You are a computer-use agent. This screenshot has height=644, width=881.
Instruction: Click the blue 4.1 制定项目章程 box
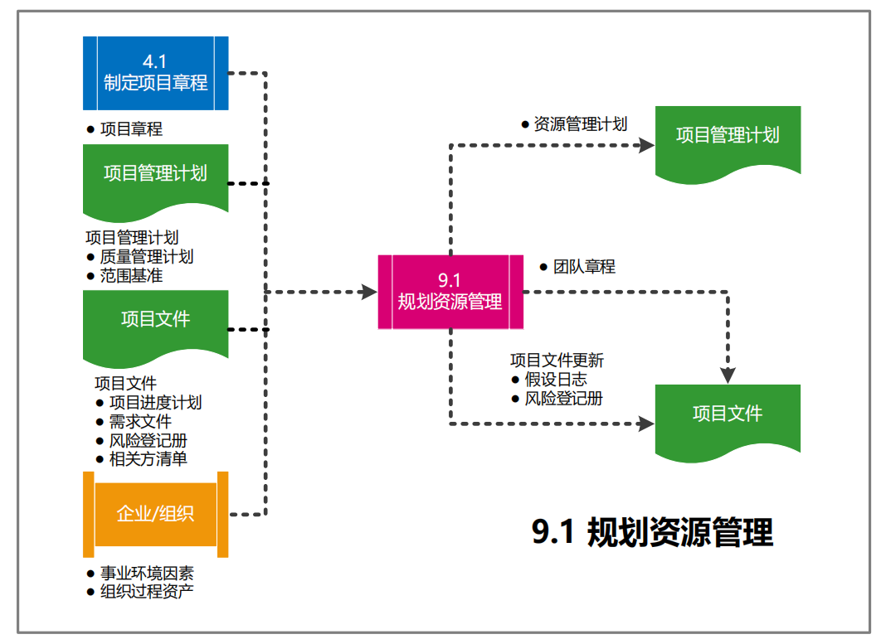pyautogui.click(x=155, y=73)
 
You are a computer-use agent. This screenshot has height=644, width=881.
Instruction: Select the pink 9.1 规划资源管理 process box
pyautogui.click(x=450, y=292)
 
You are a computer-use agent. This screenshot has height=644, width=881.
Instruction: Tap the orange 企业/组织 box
pyautogui.click(x=155, y=514)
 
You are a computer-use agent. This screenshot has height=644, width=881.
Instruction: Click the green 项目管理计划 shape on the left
pyautogui.click(x=155, y=174)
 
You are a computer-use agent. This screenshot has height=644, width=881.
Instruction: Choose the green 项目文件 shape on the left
pyautogui.click(x=155, y=320)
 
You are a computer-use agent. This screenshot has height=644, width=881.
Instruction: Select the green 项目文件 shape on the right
pyautogui.click(x=728, y=414)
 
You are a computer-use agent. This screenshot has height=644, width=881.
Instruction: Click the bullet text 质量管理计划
pyautogui.click(x=147, y=257)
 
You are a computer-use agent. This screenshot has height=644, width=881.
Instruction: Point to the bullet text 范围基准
pyautogui.click(x=131, y=275)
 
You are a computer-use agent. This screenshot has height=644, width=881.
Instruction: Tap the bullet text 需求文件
pyautogui.click(x=140, y=422)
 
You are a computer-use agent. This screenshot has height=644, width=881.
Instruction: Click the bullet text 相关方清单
pyautogui.click(x=148, y=458)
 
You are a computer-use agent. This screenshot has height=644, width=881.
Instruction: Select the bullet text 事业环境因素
pyautogui.click(x=147, y=574)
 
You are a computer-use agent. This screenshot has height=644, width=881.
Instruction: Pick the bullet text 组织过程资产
pyautogui.click(x=147, y=592)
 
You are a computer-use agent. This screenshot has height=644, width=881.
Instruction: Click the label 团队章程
pyautogui.click(x=584, y=267)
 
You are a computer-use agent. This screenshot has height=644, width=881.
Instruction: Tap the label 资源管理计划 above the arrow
pyautogui.click(x=580, y=124)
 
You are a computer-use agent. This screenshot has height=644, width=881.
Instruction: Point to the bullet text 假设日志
pyautogui.click(x=555, y=380)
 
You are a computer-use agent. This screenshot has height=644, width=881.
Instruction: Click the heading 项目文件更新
pyautogui.click(x=557, y=361)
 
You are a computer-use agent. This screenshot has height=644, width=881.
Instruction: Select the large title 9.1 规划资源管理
pyautogui.click(x=652, y=532)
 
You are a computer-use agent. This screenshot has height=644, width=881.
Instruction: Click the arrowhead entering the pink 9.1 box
pyautogui.click(x=369, y=292)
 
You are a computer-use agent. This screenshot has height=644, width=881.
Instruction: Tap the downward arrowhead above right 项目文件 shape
pyautogui.click(x=728, y=375)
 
